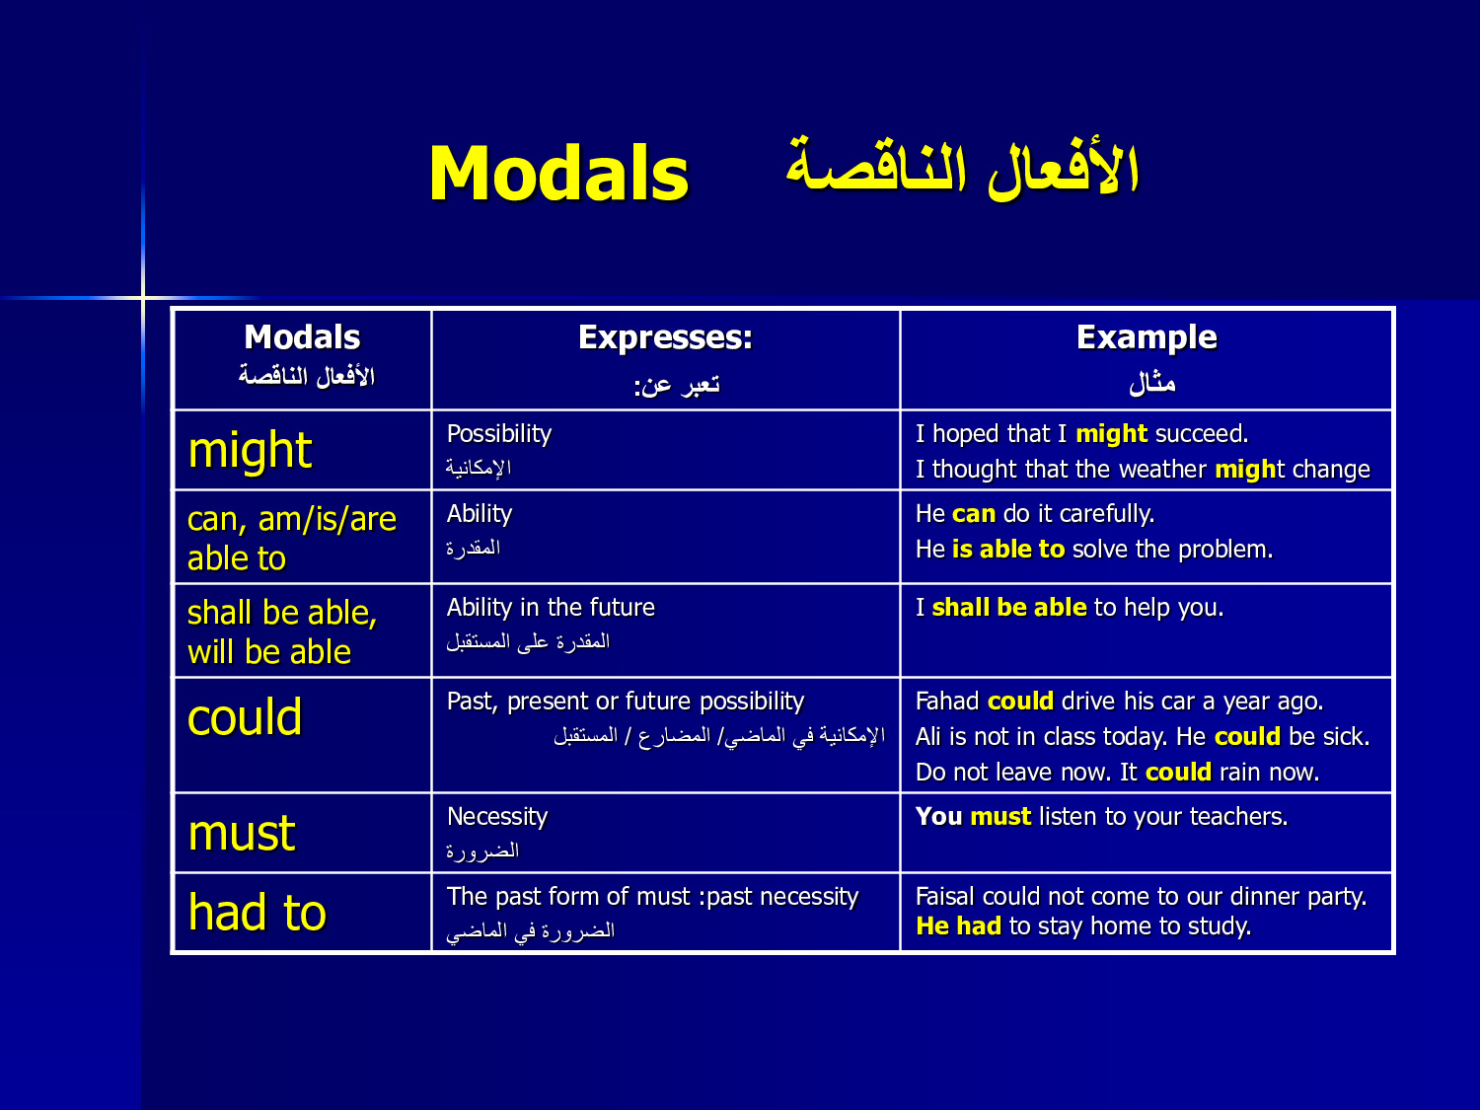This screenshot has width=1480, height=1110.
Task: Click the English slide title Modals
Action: pyautogui.click(x=559, y=174)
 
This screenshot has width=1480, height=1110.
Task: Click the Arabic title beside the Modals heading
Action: pyautogui.click(x=963, y=169)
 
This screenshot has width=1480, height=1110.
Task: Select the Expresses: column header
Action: pyautogui.click(x=665, y=337)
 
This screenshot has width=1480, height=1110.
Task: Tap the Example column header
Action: pyautogui.click(x=1147, y=337)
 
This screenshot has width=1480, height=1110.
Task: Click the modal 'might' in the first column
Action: pyautogui.click(x=251, y=450)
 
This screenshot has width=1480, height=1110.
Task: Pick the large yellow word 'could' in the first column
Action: pyautogui.click(x=245, y=716)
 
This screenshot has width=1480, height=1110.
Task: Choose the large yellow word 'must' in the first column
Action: pyautogui.click(x=242, y=833)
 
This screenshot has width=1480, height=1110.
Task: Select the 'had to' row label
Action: pyautogui.click(x=257, y=912)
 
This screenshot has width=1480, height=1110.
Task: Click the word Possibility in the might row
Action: pyautogui.click(x=499, y=434)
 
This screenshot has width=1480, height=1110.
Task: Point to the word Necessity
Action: pyautogui.click(x=497, y=817)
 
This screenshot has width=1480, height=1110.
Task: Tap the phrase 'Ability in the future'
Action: pyautogui.click(x=551, y=608)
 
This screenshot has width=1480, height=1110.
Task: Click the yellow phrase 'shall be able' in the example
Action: pyautogui.click(x=1008, y=608)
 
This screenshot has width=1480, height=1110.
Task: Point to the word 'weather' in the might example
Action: pyautogui.click(x=1162, y=469)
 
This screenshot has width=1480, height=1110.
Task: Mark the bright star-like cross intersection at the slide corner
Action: pyautogui.click(x=143, y=297)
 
